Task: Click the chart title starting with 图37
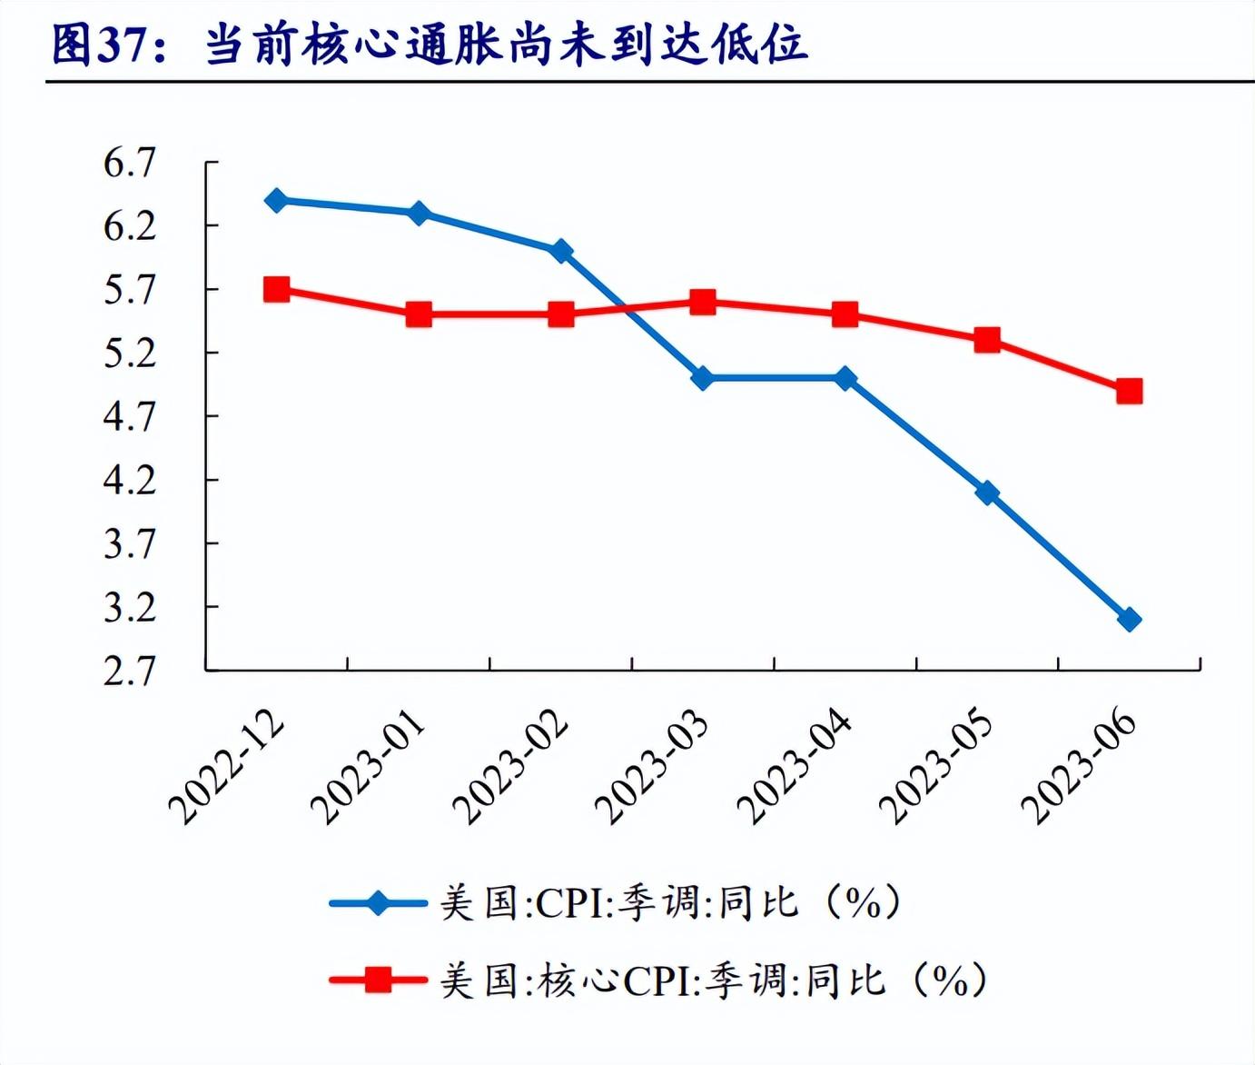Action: click(429, 45)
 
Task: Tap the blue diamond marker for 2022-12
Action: click(277, 201)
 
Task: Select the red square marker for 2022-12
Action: click(277, 290)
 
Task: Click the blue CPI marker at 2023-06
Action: click(1129, 620)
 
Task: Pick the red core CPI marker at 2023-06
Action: click(1129, 392)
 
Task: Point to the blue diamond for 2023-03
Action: click(703, 378)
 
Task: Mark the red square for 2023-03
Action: click(703, 303)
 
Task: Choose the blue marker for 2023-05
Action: click(987, 493)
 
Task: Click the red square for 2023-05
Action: click(987, 341)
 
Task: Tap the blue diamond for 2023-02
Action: click(561, 251)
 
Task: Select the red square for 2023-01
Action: click(419, 315)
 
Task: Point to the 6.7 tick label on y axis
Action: click(130, 164)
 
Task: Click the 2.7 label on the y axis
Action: click(130, 672)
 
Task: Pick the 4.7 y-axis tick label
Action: click(130, 417)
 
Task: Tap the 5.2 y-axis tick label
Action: click(130, 353)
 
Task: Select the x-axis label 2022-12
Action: click(227, 766)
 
